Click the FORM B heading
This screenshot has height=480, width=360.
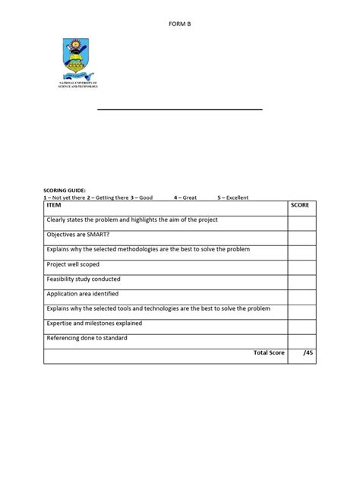(179, 24)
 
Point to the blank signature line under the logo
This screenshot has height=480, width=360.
(179, 110)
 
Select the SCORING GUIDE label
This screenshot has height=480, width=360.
(65, 191)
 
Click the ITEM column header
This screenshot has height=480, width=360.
(55, 206)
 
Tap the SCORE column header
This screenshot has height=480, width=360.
(301, 206)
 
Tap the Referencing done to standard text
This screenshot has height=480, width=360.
(87, 337)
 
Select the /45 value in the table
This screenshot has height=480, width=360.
(307, 352)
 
